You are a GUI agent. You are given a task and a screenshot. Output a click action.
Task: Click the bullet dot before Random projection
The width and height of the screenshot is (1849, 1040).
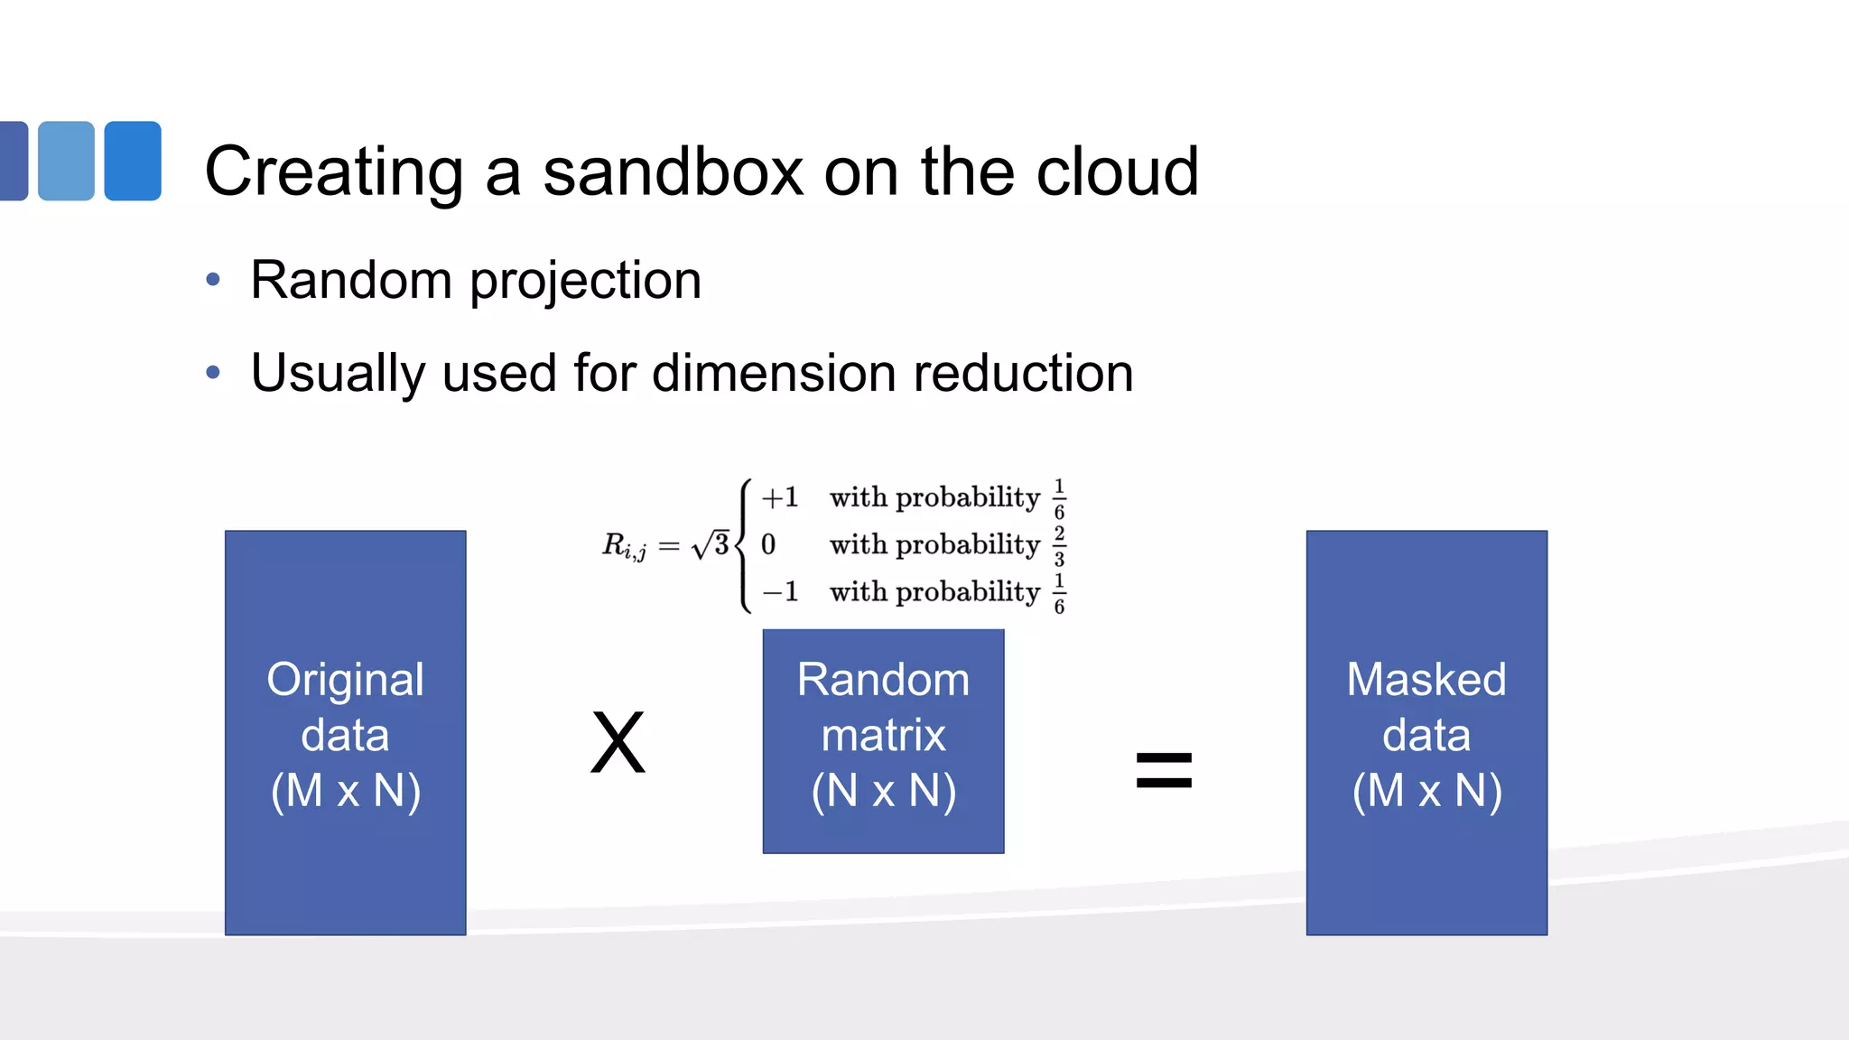(213, 280)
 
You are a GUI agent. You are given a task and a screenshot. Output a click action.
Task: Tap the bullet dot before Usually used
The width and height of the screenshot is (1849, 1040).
(213, 372)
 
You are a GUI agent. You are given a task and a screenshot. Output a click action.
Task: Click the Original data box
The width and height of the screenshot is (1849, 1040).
(345, 732)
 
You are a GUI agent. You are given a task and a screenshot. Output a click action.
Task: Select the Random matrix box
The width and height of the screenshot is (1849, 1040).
(883, 740)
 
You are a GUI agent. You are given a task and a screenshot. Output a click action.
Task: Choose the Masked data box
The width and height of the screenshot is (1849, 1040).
(1426, 732)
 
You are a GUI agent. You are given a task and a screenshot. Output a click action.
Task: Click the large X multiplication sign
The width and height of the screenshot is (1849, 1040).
(618, 743)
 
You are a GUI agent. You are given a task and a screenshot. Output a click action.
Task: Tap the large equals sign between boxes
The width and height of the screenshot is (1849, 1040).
(1164, 770)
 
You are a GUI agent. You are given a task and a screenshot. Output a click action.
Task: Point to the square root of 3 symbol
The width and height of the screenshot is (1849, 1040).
(711, 544)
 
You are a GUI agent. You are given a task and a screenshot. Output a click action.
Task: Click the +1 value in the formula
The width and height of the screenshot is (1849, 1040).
(780, 497)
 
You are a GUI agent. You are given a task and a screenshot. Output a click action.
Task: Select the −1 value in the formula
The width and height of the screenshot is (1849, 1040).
(780, 592)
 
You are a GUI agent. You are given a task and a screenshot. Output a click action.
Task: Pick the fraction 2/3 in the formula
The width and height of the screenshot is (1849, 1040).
(1059, 545)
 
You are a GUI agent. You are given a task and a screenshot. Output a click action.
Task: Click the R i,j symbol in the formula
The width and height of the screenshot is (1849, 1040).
(624, 546)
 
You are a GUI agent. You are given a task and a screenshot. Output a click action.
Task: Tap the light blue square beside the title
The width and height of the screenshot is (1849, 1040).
(66, 161)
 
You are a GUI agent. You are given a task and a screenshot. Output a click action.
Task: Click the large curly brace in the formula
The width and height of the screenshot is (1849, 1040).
(744, 545)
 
